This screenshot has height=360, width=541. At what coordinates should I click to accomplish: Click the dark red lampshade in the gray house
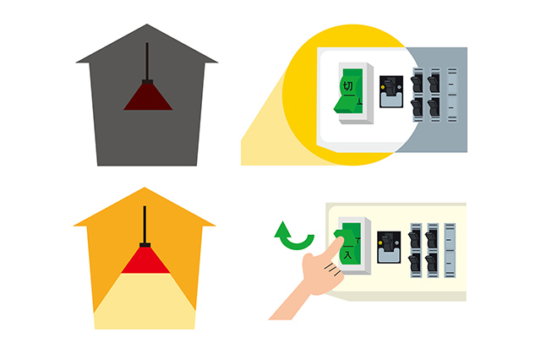[148, 97]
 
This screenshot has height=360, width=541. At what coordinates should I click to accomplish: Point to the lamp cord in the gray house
[147, 62]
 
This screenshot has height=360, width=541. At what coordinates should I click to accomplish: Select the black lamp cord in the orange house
[145, 225]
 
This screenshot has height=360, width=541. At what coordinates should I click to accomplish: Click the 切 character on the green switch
[348, 86]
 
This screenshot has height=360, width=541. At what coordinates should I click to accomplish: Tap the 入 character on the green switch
[347, 255]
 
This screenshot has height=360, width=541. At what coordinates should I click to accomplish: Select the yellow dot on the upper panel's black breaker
[383, 88]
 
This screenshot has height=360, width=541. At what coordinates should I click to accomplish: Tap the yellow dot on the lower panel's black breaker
[380, 243]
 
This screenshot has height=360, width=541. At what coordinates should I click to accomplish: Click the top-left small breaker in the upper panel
[417, 83]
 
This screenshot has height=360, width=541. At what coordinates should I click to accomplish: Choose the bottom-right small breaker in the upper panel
[434, 108]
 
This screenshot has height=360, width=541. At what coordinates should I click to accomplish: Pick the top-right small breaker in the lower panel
[432, 239]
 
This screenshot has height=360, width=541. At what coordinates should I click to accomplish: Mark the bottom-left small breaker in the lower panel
[415, 264]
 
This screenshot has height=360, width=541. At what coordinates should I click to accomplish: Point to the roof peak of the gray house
[147, 25]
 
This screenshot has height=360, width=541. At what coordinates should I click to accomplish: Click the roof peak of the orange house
[145, 188]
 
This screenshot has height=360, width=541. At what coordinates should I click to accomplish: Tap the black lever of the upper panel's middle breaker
[390, 87]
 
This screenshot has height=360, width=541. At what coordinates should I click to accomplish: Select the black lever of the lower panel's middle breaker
[388, 243]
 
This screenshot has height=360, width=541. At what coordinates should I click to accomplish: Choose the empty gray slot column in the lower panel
[450, 251]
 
